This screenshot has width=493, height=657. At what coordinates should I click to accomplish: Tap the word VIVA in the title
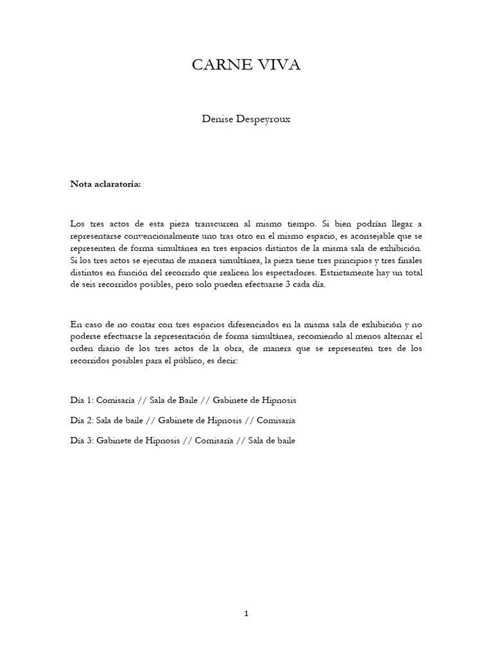pyautogui.click(x=277, y=65)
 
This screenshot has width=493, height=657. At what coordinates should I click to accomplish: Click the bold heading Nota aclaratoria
pyautogui.click(x=105, y=184)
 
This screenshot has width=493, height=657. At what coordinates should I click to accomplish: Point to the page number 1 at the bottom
pyautogui.click(x=246, y=613)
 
